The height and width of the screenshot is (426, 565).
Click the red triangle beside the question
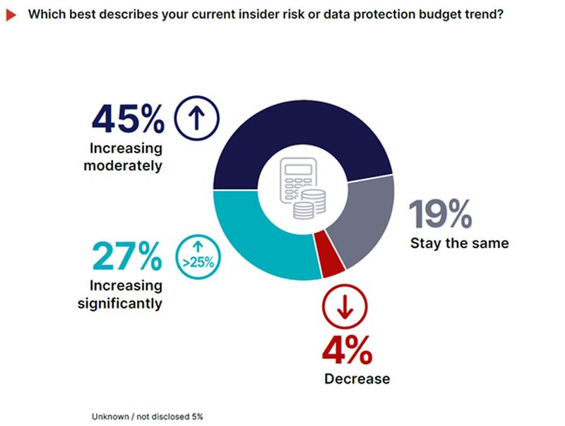(x=11, y=14)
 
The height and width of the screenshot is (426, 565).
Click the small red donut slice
(x=331, y=257)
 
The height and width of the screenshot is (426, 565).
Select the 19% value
(x=441, y=214)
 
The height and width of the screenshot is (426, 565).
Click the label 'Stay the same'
(x=459, y=244)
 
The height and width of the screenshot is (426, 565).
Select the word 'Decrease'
(x=357, y=379)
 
